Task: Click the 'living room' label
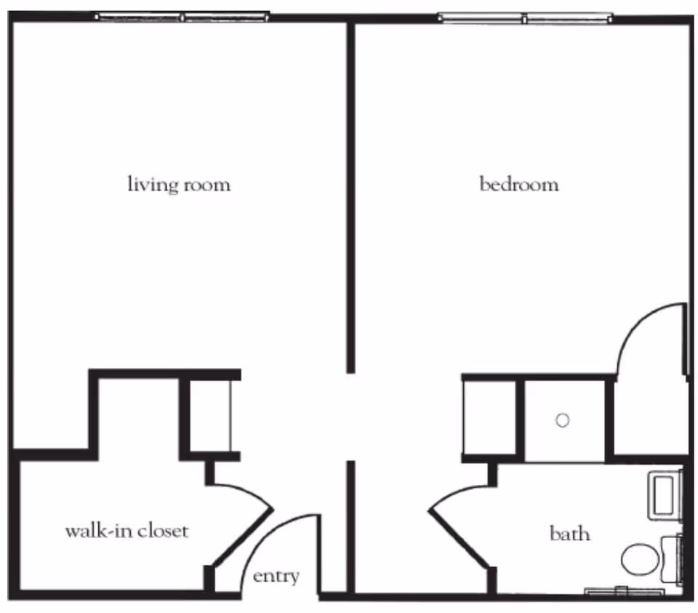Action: pyautogui.click(x=179, y=184)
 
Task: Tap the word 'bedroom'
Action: pyautogui.click(x=519, y=184)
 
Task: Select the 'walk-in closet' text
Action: pyautogui.click(x=127, y=530)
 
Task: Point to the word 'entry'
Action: pyautogui.click(x=276, y=577)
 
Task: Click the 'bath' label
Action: pyautogui.click(x=569, y=534)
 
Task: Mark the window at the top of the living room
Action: pyautogui.click(x=182, y=16)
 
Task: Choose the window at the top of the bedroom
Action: pyautogui.click(x=525, y=18)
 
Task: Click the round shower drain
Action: pyautogui.click(x=562, y=420)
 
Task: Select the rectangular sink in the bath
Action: pyautogui.click(x=664, y=496)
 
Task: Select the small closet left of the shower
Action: pyautogui.click(x=489, y=417)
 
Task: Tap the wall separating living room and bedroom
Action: pyautogui.click(x=350, y=196)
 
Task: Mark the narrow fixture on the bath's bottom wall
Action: pyautogui.click(x=622, y=591)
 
